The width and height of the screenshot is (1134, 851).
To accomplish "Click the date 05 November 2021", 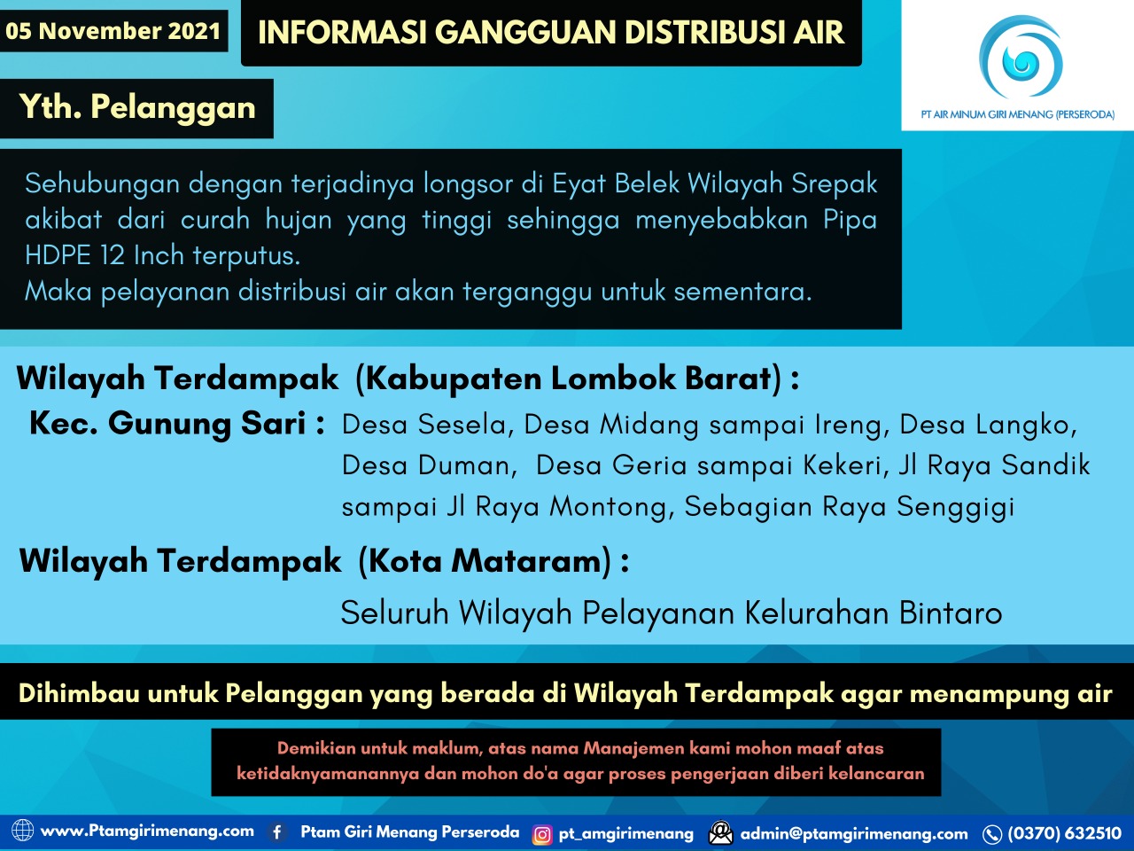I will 113,31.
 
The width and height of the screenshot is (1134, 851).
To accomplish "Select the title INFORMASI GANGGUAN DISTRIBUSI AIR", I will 550,33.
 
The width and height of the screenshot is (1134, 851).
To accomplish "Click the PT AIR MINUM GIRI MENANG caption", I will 1017,114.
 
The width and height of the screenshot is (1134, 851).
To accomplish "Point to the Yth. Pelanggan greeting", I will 137,107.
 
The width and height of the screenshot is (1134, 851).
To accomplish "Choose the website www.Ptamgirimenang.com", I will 147,831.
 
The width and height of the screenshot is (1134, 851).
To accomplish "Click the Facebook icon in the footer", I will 277,832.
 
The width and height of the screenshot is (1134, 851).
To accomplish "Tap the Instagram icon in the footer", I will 542,834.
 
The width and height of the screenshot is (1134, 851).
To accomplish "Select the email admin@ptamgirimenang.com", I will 853,833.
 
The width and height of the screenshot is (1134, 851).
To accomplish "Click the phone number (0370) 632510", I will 1064,833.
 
